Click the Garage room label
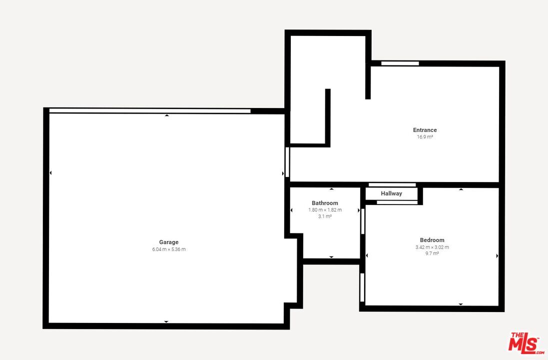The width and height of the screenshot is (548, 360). (x=169, y=242)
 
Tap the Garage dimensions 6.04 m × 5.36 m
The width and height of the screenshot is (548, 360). (x=169, y=249)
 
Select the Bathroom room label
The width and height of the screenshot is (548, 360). (x=325, y=203)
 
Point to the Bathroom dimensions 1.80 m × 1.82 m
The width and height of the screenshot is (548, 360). (x=325, y=210)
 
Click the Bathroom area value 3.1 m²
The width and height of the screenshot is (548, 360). (x=325, y=216)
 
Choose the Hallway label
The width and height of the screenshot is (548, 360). (x=392, y=193)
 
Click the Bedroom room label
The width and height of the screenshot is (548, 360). (x=432, y=240)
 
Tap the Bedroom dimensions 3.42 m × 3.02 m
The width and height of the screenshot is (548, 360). (x=432, y=247)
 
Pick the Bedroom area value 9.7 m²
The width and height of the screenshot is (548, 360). (x=432, y=253)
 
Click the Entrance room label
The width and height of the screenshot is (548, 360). (x=425, y=130)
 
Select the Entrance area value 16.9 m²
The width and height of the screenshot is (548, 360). (x=425, y=137)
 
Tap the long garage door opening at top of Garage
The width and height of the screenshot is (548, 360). (x=150, y=111)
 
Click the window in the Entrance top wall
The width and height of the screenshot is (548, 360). (x=400, y=63)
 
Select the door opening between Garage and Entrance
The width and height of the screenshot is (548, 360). (x=288, y=162)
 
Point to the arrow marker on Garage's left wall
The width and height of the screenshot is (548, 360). (x=50, y=173)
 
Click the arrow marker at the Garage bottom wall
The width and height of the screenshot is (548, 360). (x=166, y=322)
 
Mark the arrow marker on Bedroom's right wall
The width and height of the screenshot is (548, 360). (x=498, y=256)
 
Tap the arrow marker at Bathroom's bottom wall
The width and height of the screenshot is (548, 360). (x=331, y=257)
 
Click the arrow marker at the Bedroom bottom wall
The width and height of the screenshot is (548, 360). (x=461, y=304)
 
